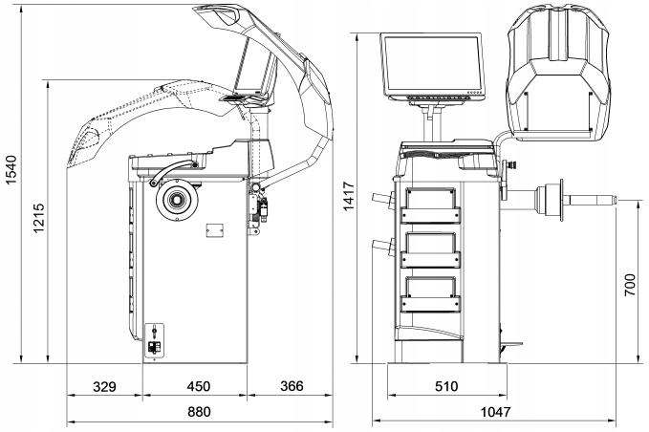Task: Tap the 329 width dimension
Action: [104, 387]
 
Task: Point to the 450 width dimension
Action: [196, 387]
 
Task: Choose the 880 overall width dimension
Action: [198, 413]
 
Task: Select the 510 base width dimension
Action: [445, 387]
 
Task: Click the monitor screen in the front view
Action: [433, 64]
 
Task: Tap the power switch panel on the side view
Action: [154, 341]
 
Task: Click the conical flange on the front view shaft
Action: [550, 202]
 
